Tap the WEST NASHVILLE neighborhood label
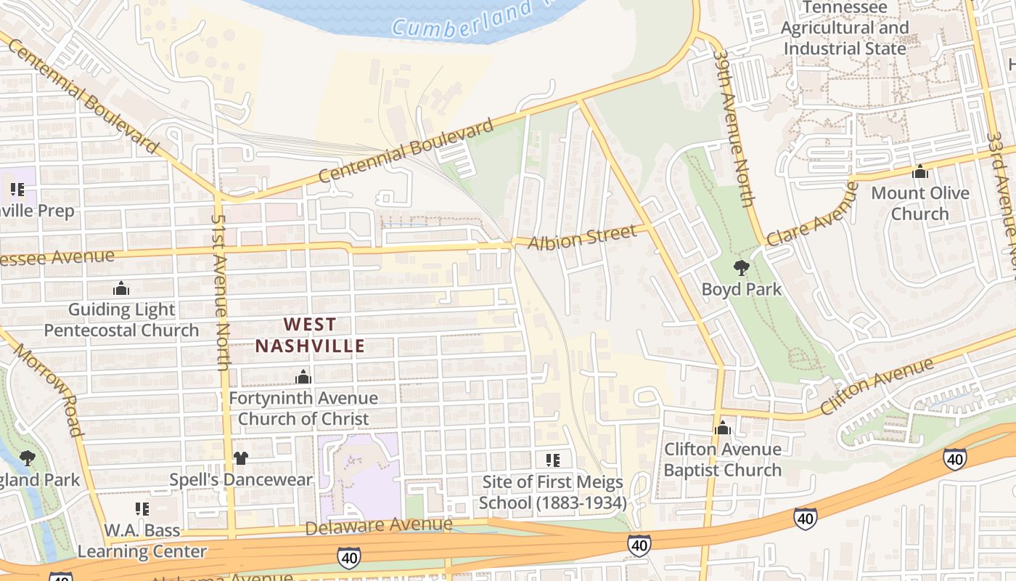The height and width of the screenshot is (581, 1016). pyautogui.click(x=310, y=335)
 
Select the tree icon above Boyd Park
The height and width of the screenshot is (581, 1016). pyautogui.click(x=741, y=269)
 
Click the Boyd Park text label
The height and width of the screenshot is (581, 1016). pyautogui.click(x=741, y=289)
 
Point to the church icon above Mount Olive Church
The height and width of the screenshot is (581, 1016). pyautogui.click(x=920, y=172)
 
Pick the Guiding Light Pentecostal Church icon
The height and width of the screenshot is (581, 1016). pyautogui.click(x=121, y=289)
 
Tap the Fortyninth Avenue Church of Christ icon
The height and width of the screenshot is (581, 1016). pyautogui.click(x=303, y=377)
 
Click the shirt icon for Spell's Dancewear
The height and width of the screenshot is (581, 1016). pyautogui.click(x=241, y=458)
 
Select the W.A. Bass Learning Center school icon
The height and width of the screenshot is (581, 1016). pyautogui.click(x=142, y=509)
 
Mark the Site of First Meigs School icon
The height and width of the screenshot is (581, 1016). pyautogui.click(x=552, y=460)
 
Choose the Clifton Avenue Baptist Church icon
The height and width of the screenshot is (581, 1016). pyautogui.click(x=722, y=428)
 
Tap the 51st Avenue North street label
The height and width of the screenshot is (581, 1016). pyautogui.click(x=221, y=290)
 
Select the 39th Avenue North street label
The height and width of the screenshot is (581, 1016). pyautogui.click(x=734, y=127)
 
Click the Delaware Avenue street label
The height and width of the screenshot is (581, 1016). pyautogui.click(x=378, y=525)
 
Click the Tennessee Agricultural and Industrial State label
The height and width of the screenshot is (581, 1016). pyautogui.click(x=845, y=28)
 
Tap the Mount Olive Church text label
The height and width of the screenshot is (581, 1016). pyautogui.click(x=920, y=203)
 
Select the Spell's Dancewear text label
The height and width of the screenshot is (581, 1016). pyautogui.click(x=241, y=480)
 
